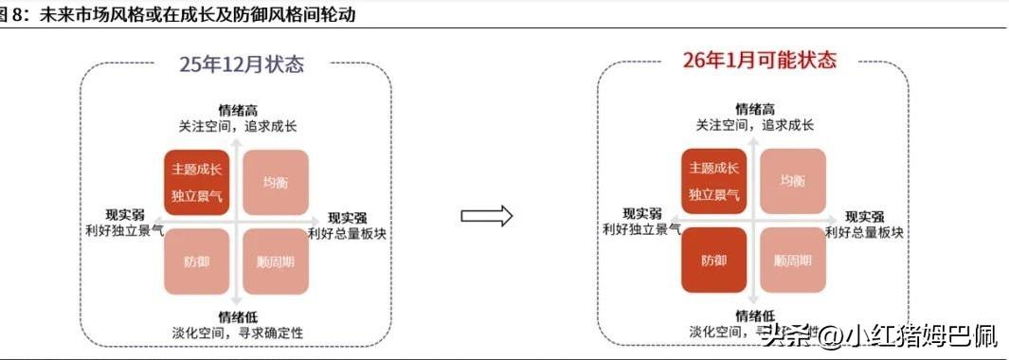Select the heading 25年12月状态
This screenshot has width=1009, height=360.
click(243, 64)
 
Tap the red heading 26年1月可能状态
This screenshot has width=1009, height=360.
click(760, 61)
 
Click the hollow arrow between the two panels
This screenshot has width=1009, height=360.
click(486, 216)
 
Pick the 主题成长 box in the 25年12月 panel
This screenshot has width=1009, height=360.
click(197, 182)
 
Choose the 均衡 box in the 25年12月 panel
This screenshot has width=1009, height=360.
click(275, 182)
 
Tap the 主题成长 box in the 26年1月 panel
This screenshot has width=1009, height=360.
click(714, 180)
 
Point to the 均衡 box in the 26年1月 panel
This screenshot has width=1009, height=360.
click(792, 180)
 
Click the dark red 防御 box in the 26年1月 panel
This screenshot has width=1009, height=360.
click(714, 259)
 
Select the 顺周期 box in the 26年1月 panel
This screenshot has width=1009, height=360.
click(792, 259)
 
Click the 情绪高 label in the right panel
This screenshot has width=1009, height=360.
click(754, 108)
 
